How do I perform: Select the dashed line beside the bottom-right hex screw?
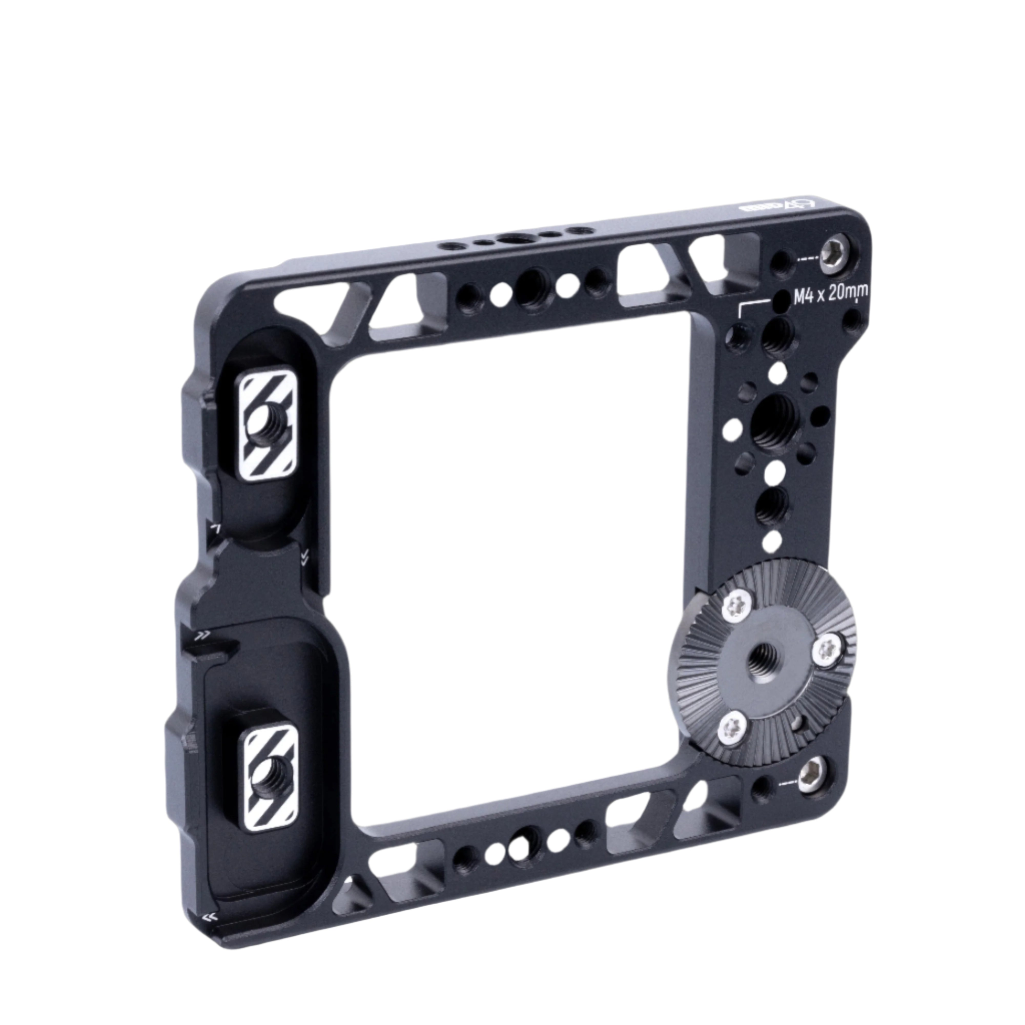[x=789, y=782]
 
